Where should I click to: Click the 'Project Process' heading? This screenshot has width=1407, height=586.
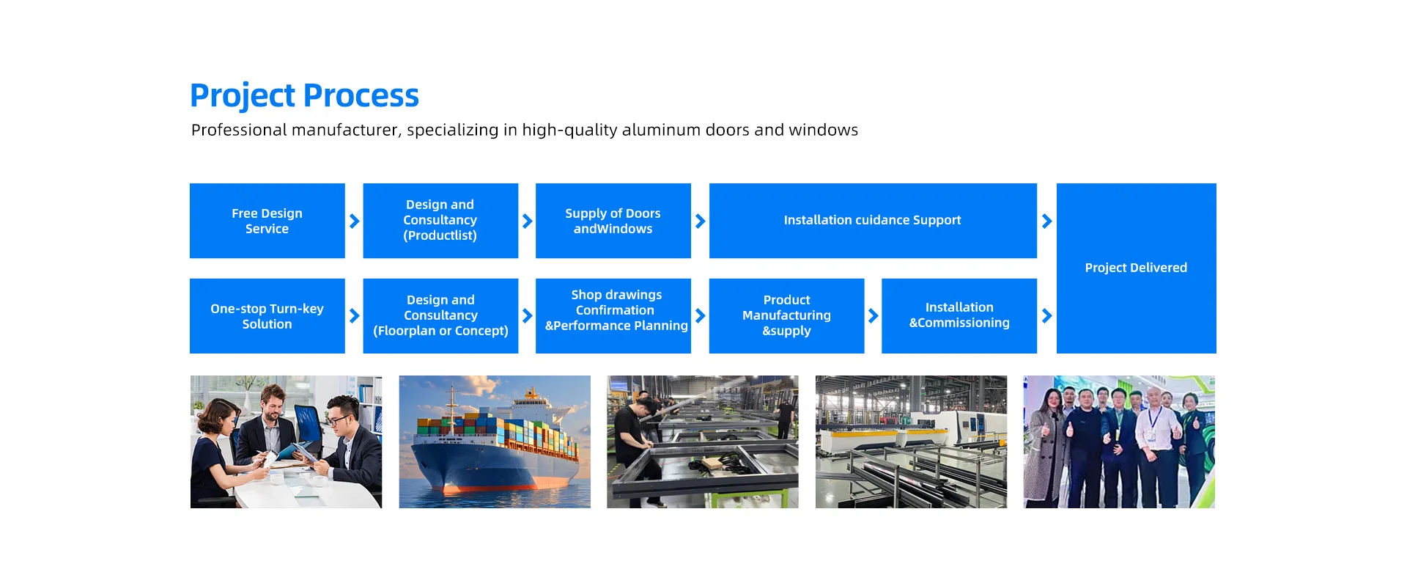click(304, 96)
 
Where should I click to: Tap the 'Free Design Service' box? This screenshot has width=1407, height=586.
click(267, 221)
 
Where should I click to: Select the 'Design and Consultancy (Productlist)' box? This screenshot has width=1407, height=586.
click(440, 221)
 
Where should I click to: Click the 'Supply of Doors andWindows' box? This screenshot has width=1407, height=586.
click(613, 221)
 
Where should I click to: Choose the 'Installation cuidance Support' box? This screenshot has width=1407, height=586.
click(873, 221)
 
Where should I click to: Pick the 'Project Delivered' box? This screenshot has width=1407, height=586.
click(1137, 268)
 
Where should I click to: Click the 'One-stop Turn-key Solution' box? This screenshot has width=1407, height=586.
click(267, 316)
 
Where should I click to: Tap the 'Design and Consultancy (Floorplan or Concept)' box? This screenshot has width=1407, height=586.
click(440, 316)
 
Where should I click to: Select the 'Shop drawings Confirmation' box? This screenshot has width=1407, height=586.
click(613, 316)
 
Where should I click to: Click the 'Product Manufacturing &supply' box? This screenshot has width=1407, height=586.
click(786, 316)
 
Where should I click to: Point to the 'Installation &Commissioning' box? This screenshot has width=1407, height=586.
click(959, 316)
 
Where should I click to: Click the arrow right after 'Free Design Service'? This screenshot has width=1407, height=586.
click(355, 221)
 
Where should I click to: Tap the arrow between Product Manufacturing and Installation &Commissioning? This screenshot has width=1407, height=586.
click(874, 316)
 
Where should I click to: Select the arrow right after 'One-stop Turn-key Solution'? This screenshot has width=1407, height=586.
click(355, 316)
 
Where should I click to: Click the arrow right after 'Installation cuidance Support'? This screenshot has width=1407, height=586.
click(1047, 221)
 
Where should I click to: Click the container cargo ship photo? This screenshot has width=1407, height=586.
click(495, 442)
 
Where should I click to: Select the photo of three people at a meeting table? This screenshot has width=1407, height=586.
click(286, 442)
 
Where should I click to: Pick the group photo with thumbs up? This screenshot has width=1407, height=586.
click(1119, 442)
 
